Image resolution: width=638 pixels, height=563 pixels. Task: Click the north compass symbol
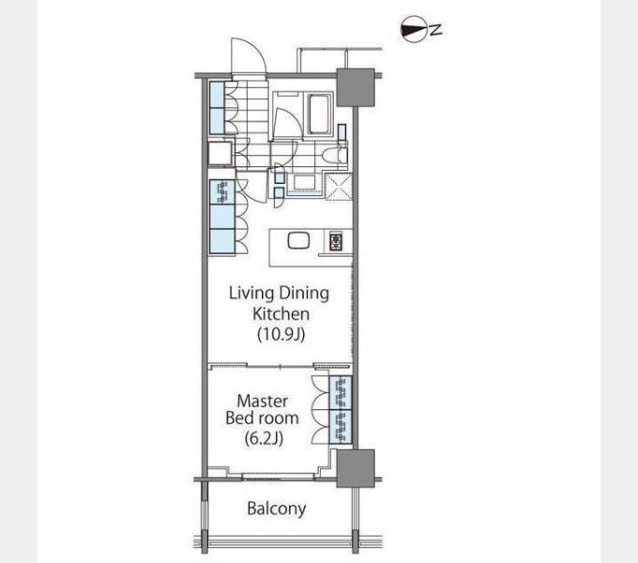point(411,29)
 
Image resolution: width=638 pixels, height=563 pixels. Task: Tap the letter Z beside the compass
point(436,29)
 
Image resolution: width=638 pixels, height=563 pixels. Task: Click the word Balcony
point(276,509)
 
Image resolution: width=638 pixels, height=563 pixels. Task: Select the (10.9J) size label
point(280,332)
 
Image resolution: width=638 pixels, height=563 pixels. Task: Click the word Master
point(262,400)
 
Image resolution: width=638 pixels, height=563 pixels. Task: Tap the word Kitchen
point(280,313)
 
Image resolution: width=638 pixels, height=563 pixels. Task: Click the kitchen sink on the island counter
point(296,240)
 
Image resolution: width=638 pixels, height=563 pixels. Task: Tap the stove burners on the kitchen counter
point(338,241)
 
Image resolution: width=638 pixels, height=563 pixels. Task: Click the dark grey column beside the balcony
point(356,466)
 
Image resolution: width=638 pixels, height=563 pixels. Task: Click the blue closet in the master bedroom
point(340,409)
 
